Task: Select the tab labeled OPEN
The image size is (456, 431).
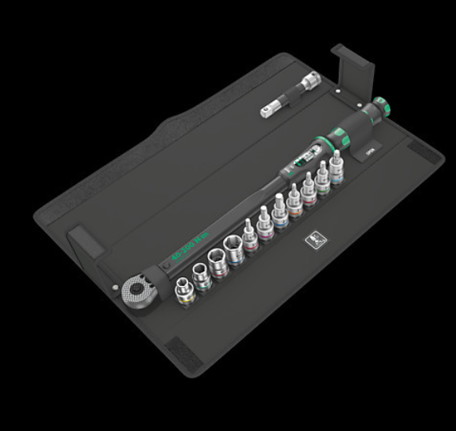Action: [x=369, y=149]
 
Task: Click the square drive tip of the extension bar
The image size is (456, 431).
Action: [x=266, y=113]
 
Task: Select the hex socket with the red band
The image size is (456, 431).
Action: [x=218, y=264]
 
